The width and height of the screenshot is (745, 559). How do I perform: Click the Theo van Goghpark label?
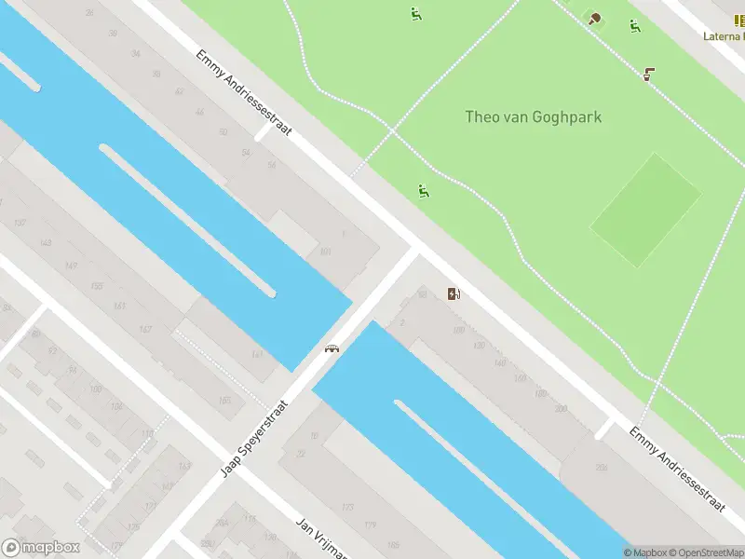click(x=534, y=117)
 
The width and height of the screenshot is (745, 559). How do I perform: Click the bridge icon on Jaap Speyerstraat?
click(x=331, y=348)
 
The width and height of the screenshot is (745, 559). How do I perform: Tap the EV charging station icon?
click(x=454, y=294)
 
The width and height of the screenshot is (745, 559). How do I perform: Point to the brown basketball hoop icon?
click(x=648, y=74)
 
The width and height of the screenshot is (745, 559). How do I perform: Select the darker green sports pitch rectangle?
click(x=645, y=210)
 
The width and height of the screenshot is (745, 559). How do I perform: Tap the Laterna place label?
click(x=724, y=36)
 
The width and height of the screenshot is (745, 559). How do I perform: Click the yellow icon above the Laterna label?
click(x=739, y=20)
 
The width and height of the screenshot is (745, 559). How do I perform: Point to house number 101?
click(x=325, y=252)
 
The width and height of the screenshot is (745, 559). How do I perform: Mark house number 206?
click(x=602, y=469)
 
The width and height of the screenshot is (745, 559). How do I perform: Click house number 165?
click(x=224, y=401)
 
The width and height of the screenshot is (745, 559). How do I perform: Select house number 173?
click(x=347, y=508)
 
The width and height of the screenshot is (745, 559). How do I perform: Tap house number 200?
click(x=560, y=409)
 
